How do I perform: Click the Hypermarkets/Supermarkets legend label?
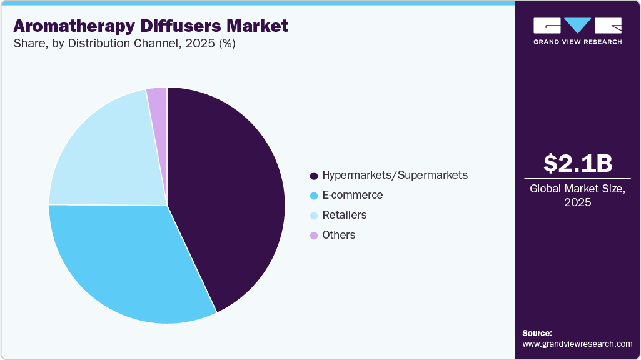pos(395,175)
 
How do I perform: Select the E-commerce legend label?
pos(352,195)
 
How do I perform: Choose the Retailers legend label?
pos(344,215)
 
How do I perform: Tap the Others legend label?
pos(338,235)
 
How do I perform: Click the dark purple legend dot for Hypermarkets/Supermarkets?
pos(313,176)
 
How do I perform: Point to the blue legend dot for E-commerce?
pos(313,196)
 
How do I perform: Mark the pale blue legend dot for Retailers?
pos(313,216)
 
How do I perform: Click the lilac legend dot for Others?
pos(313,236)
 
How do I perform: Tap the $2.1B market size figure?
pos(577,163)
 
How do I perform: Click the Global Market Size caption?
pos(577,189)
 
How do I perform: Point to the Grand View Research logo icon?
pos(577,26)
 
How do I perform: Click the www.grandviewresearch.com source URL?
pos(577,344)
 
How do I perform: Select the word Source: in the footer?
pos(537,333)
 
